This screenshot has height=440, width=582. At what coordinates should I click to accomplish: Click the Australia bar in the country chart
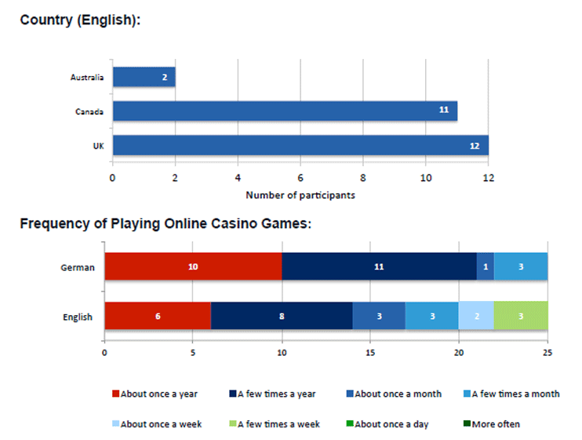(144, 77)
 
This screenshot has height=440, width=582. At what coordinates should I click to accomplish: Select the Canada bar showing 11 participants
(285, 111)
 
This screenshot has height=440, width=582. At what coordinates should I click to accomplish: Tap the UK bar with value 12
(300, 145)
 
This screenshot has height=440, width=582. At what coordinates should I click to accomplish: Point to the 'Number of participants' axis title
(300, 195)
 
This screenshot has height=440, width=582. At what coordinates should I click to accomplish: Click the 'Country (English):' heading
(80, 20)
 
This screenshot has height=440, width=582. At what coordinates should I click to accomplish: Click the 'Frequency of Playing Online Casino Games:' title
(166, 224)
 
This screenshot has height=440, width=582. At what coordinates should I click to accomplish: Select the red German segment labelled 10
(193, 267)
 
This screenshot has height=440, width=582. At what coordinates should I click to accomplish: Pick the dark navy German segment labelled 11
(379, 267)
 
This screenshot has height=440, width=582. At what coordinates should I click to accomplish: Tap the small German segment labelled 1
(486, 267)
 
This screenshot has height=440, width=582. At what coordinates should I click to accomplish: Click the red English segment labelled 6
(158, 317)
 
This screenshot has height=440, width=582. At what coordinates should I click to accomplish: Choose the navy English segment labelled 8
(282, 317)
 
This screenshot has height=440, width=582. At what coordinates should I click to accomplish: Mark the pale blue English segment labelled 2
(476, 317)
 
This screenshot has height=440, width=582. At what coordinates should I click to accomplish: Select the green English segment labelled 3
(521, 317)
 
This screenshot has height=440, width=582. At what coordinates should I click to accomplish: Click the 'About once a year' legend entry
(155, 394)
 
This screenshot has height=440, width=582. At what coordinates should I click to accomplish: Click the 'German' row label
(78, 267)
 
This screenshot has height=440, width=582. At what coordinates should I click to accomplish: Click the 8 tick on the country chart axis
(363, 178)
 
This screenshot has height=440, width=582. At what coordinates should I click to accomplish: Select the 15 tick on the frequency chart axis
(370, 354)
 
